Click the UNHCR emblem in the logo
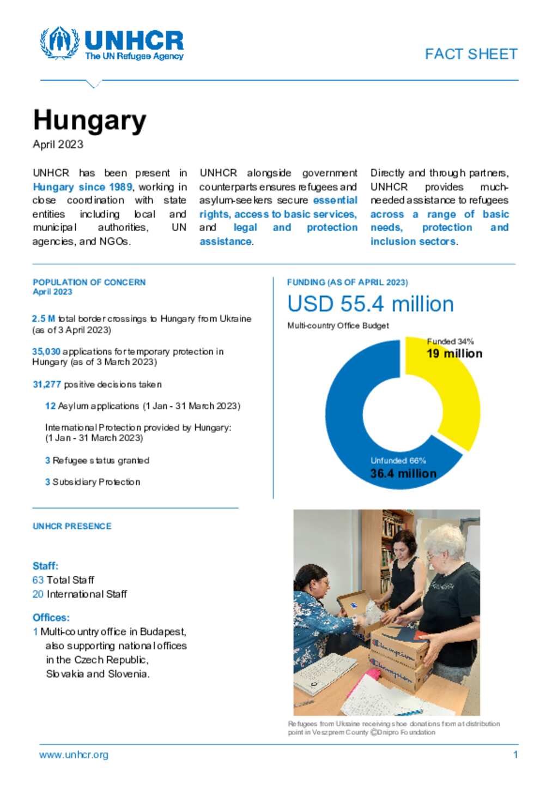click(59, 43)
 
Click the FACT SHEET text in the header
click(471, 54)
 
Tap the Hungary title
click(90, 120)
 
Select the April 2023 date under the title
click(58, 144)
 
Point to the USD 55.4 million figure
click(370, 304)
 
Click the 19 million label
click(454, 353)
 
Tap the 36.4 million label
click(403, 473)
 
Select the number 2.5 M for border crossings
click(43, 319)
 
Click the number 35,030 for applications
click(46, 352)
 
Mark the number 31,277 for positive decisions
click(47, 384)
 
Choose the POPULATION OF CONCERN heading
click(89, 282)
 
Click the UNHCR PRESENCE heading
click(72, 526)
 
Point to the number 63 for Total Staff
click(38, 580)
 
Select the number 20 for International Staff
click(38, 594)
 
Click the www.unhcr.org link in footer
click(74, 755)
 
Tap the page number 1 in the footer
click(515, 755)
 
